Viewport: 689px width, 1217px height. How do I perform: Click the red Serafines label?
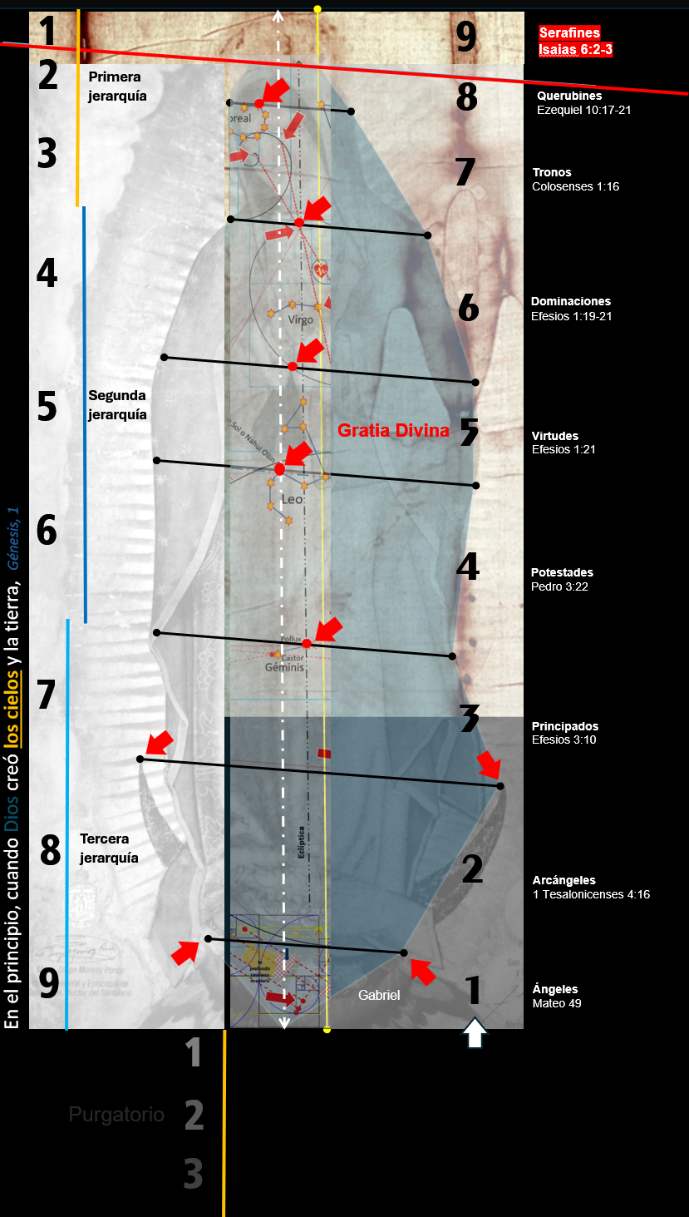tap(569, 33)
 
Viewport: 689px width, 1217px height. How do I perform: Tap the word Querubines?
tap(569, 96)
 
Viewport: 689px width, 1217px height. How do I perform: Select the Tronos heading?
tap(553, 172)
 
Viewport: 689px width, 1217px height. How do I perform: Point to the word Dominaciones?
tap(571, 301)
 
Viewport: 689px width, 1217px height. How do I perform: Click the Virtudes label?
tap(554, 436)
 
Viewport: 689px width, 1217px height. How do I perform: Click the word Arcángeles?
tap(564, 880)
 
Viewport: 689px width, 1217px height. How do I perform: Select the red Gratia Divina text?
tap(393, 431)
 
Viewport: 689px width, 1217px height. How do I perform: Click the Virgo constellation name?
tap(300, 319)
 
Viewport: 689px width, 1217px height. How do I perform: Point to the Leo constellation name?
tap(292, 500)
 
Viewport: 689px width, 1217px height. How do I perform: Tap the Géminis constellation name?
tap(285, 667)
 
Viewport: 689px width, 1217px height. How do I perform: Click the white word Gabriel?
tap(379, 995)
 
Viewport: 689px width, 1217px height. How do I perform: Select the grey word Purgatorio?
tap(116, 1115)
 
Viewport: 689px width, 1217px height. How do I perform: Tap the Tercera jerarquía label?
tap(109, 848)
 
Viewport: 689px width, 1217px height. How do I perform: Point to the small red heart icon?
tap(322, 270)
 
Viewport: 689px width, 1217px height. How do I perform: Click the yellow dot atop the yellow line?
tap(317, 9)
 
